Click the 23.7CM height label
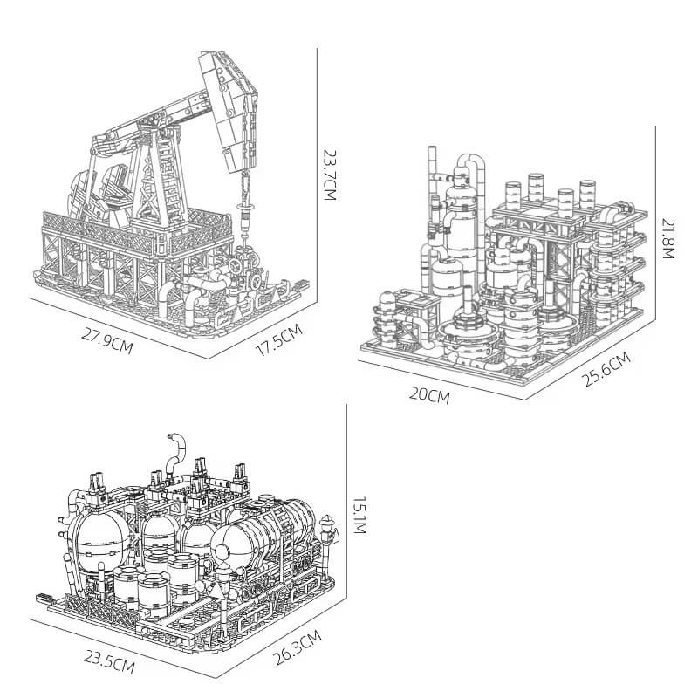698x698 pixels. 329,174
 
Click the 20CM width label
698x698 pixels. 429,395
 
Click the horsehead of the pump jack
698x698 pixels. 231,109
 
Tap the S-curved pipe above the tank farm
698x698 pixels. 177,449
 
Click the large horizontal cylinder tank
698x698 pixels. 270,532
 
